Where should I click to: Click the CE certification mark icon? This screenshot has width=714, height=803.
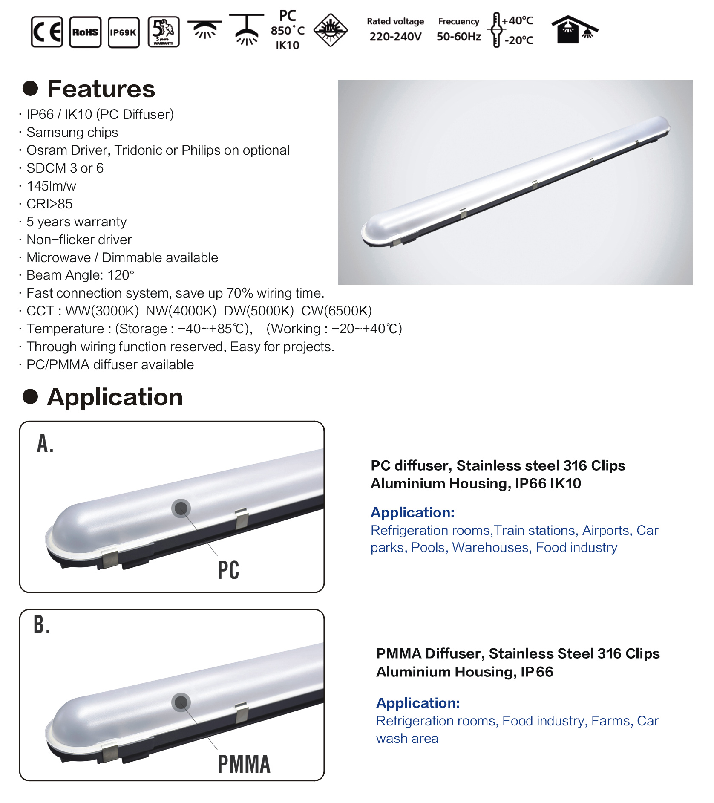pyautogui.click(x=47, y=32)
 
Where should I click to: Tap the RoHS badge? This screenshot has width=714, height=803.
pyautogui.click(x=85, y=32)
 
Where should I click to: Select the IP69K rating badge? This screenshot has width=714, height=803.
pyautogui.click(x=124, y=32)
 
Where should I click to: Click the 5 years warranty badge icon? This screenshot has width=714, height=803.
pyautogui.click(x=164, y=32)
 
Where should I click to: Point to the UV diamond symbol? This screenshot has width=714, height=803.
pyautogui.click(x=331, y=30)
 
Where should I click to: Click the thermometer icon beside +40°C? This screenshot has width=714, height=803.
pyautogui.click(x=496, y=30)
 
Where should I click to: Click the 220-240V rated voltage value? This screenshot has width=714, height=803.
pyautogui.click(x=395, y=37)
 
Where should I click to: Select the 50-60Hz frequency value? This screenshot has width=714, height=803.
pyautogui.click(x=459, y=37)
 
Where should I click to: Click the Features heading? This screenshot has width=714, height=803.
pyautogui.click(x=101, y=89)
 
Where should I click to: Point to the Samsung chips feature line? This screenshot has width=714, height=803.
pyautogui.click(x=72, y=132)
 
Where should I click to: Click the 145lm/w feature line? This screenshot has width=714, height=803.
pyautogui.click(x=51, y=186)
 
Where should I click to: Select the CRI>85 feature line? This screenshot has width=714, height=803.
pyautogui.click(x=49, y=204)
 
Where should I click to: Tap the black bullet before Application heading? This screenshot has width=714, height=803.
pyautogui.click(x=30, y=396)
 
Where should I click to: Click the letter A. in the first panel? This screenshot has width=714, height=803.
pyautogui.click(x=45, y=444)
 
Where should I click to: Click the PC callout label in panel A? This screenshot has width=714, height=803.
pyautogui.click(x=228, y=570)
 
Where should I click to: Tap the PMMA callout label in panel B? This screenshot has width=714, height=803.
pyautogui.click(x=244, y=764)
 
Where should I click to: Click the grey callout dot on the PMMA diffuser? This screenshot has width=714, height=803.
pyautogui.click(x=181, y=702)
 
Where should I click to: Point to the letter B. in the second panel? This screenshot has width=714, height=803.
pyautogui.click(x=42, y=625)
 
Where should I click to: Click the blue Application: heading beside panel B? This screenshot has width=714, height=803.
pyautogui.click(x=418, y=703)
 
